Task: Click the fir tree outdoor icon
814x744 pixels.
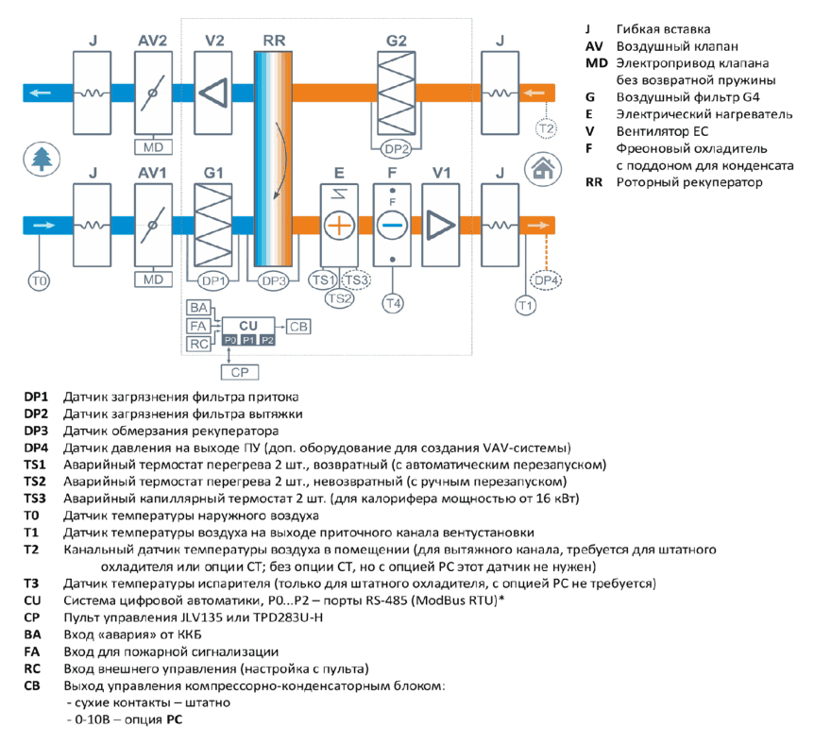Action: (x=42, y=159)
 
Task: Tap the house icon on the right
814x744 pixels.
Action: (x=543, y=168)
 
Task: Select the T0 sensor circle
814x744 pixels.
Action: (x=39, y=280)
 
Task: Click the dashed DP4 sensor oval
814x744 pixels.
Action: (x=546, y=280)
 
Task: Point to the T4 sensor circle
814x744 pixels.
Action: (x=393, y=303)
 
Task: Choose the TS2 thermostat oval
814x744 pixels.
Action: (x=340, y=298)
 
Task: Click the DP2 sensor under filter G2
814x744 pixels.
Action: (x=396, y=149)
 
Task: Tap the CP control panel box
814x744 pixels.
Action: (x=240, y=372)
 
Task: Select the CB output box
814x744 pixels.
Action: (x=298, y=327)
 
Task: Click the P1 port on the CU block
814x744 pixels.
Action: (x=248, y=340)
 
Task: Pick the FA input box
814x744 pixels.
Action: (x=198, y=326)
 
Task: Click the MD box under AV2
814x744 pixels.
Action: (x=153, y=147)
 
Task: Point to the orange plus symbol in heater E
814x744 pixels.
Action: (x=339, y=226)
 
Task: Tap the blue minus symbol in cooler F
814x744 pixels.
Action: (x=392, y=226)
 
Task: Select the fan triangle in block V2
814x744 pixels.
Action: (x=212, y=93)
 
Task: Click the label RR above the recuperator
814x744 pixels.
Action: (x=274, y=41)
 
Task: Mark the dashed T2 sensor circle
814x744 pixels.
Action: (x=546, y=128)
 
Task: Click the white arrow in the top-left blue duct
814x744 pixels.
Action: (x=40, y=93)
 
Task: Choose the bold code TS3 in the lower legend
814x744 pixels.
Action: (x=35, y=499)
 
